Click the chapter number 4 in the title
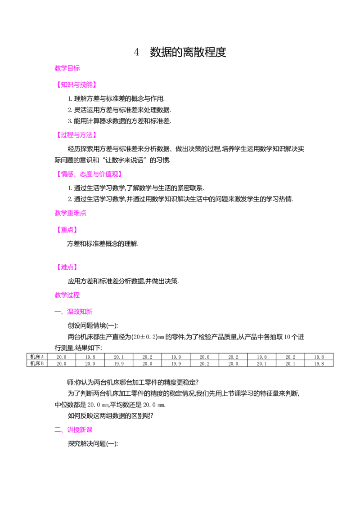tap(136, 52)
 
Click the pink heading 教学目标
tap(67, 68)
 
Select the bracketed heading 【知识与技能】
tap(76, 85)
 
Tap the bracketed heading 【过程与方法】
tap(76, 135)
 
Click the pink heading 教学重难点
tap(71, 213)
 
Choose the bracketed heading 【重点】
tap(67, 230)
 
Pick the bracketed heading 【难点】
tap(67, 267)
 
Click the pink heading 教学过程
tap(67, 295)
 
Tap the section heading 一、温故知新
tap(73, 312)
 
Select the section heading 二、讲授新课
tap(73, 430)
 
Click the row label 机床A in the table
tap(37, 357)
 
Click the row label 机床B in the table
tap(37, 364)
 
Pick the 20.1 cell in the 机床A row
tap(119, 357)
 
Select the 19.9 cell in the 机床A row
tap(176, 357)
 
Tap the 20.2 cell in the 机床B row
tap(204, 364)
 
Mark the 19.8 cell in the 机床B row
tap(319, 364)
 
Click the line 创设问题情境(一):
tap(93, 326)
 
